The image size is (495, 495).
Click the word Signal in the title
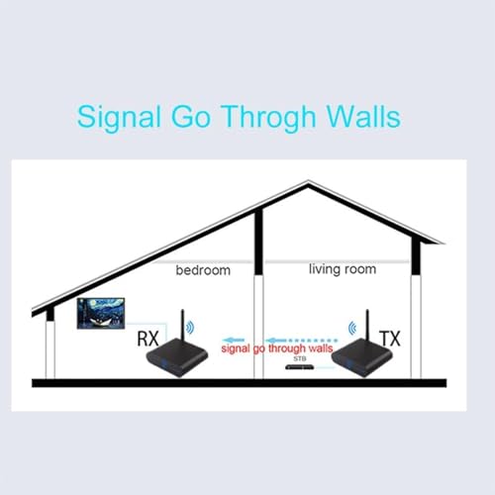tap(119, 118)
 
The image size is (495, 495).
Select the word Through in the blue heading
tap(268, 118)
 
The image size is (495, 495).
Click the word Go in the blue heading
tap(191, 117)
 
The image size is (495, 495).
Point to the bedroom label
tap(203, 270)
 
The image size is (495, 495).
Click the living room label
tap(343, 269)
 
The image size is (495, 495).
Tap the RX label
tap(148, 339)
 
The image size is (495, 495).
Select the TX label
tap(390, 339)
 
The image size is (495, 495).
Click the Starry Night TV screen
tap(101, 314)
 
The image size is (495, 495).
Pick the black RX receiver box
tap(177, 359)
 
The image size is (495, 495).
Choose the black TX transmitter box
tap(362, 359)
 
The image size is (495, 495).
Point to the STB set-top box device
tap(300, 367)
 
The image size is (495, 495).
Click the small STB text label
tap(300, 358)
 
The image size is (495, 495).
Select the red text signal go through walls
tap(277, 348)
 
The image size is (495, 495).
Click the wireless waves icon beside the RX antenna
tap(190, 328)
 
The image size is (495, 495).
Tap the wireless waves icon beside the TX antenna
tap(352, 328)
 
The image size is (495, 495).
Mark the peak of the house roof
tap(308, 181)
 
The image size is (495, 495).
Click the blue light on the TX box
tap(346, 365)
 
